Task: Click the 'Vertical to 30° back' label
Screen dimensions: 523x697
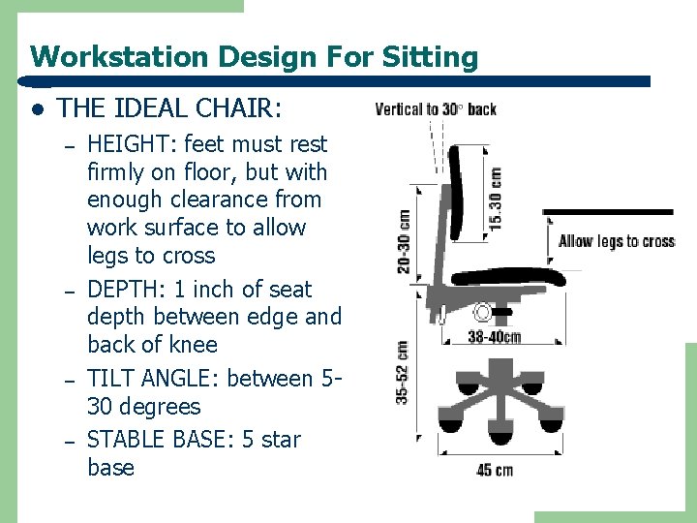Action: (x=436, y=108)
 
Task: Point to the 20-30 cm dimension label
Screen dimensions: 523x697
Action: (x=403, y=241)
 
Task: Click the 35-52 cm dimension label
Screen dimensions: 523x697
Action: (x=402, y=373)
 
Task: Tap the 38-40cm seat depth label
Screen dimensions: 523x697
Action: (x=494, y=337)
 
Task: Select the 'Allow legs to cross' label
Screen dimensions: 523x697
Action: (x=616, y=241)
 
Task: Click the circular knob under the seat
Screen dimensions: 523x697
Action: (x=482, y=313)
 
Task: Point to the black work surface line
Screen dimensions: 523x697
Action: (x=607, y=211)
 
